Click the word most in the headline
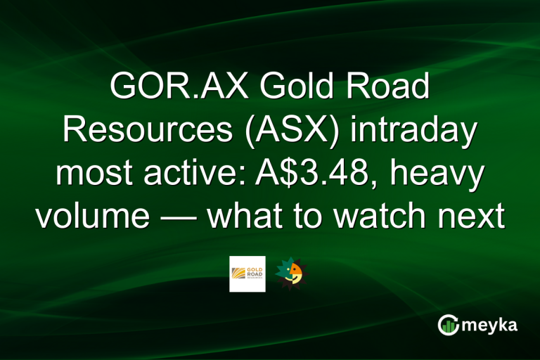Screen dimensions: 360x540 tap(96, 174)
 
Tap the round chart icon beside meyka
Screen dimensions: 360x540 tap(448, 325)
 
